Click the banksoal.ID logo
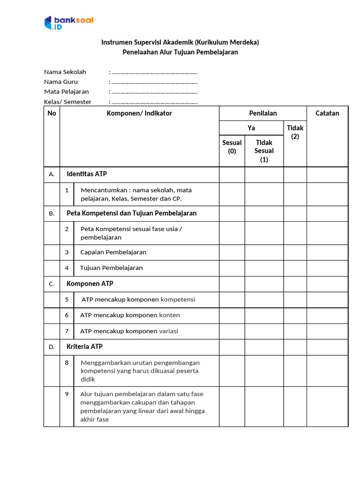(x=69, y=23)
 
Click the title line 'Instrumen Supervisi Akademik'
(x=180, y=42)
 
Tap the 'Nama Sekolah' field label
(x=65, y=72)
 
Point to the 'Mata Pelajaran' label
(x=67, y=91)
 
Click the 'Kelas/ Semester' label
(x=68, y=102)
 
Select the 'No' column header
(x=52, y=113)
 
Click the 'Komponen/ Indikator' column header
(x=139, y=113)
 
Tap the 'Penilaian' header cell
(x=263, y=113)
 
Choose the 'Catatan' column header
(x=327, y=113)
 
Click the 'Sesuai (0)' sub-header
(x=232, y=147)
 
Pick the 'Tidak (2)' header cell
(x=295, y=132)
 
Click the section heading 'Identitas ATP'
(x=87, y=174)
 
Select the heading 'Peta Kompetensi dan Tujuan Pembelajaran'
(x=132, y=213)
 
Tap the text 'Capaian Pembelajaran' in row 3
(x=113, y=252)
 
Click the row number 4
(x=67, y=268)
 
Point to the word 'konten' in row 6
(x=169, y=315)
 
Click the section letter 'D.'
(x=52, y=347)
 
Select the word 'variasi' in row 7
(x=169, y=331)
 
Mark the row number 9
(x=67, y=394)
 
